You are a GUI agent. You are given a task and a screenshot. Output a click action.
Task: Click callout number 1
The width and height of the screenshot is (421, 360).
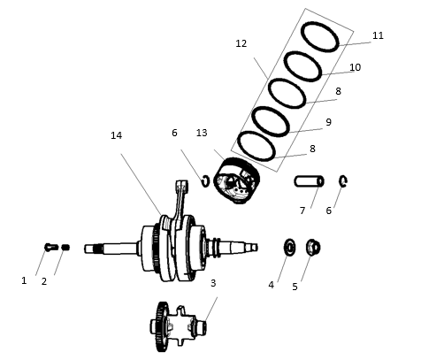coord(24,280)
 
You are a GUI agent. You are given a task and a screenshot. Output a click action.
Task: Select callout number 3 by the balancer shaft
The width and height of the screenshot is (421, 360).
coord(212,283)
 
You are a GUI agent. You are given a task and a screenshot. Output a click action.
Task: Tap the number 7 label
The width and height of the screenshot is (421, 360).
coord(302,211)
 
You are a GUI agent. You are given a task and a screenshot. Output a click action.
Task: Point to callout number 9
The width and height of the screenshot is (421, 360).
coord(328,122)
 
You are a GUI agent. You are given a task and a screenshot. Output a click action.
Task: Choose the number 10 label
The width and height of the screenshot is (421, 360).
coord(355,67)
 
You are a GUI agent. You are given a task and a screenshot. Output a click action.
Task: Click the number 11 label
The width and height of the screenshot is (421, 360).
coord(378,36)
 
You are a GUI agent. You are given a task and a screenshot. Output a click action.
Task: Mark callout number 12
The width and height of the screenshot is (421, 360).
coord(241,43)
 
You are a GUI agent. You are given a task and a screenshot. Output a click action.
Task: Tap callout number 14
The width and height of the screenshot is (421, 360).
coord(116,135)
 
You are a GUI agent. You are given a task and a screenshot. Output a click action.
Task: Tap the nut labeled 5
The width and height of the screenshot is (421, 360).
coord(312,246)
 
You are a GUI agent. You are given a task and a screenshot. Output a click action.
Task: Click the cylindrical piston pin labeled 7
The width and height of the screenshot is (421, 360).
coord(309,181)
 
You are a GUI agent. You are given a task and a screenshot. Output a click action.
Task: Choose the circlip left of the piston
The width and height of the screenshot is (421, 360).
coord(205,181)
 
